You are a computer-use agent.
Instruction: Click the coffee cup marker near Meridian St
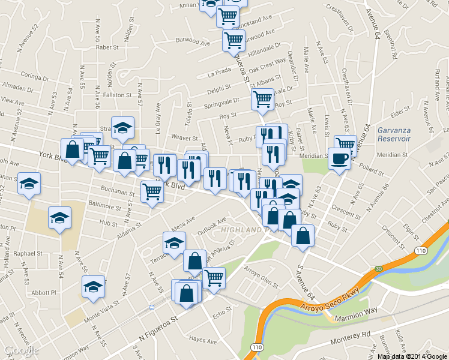340,159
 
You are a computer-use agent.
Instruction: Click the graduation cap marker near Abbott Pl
93,287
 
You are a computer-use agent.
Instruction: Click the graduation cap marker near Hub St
59,217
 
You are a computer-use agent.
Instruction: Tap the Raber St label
106,47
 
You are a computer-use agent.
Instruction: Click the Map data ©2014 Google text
412,356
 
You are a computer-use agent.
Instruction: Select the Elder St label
399,112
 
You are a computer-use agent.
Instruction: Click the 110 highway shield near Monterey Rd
257,347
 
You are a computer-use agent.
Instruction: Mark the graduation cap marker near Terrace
174,243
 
